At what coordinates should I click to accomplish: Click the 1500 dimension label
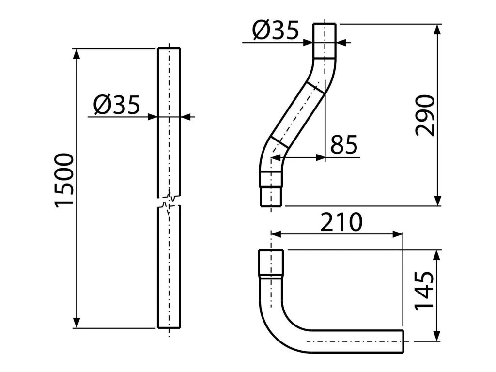click(x=64, y=180)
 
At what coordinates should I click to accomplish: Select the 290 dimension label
click(x=425, y=116)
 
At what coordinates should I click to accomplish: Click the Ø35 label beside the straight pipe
click(x=117, y=104)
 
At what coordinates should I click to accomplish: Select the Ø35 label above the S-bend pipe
click(x=276, y=32)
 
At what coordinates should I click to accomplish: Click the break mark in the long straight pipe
click(x=169, y=201)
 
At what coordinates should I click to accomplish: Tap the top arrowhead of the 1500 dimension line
click(x=76, y=53)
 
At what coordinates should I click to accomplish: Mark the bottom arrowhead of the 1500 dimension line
click(x=76, y=323)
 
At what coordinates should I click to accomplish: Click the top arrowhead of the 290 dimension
click(x=438, y=29)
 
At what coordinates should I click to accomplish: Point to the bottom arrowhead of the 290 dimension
click(x=438, y=201)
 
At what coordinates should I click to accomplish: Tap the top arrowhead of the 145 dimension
click(x=438, y=254)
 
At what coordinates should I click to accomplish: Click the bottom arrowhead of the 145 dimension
click(x=438, y=336)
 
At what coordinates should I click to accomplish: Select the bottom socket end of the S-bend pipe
click(x=271, y=196)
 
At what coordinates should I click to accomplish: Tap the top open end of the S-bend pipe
click(x=324, y=25)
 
